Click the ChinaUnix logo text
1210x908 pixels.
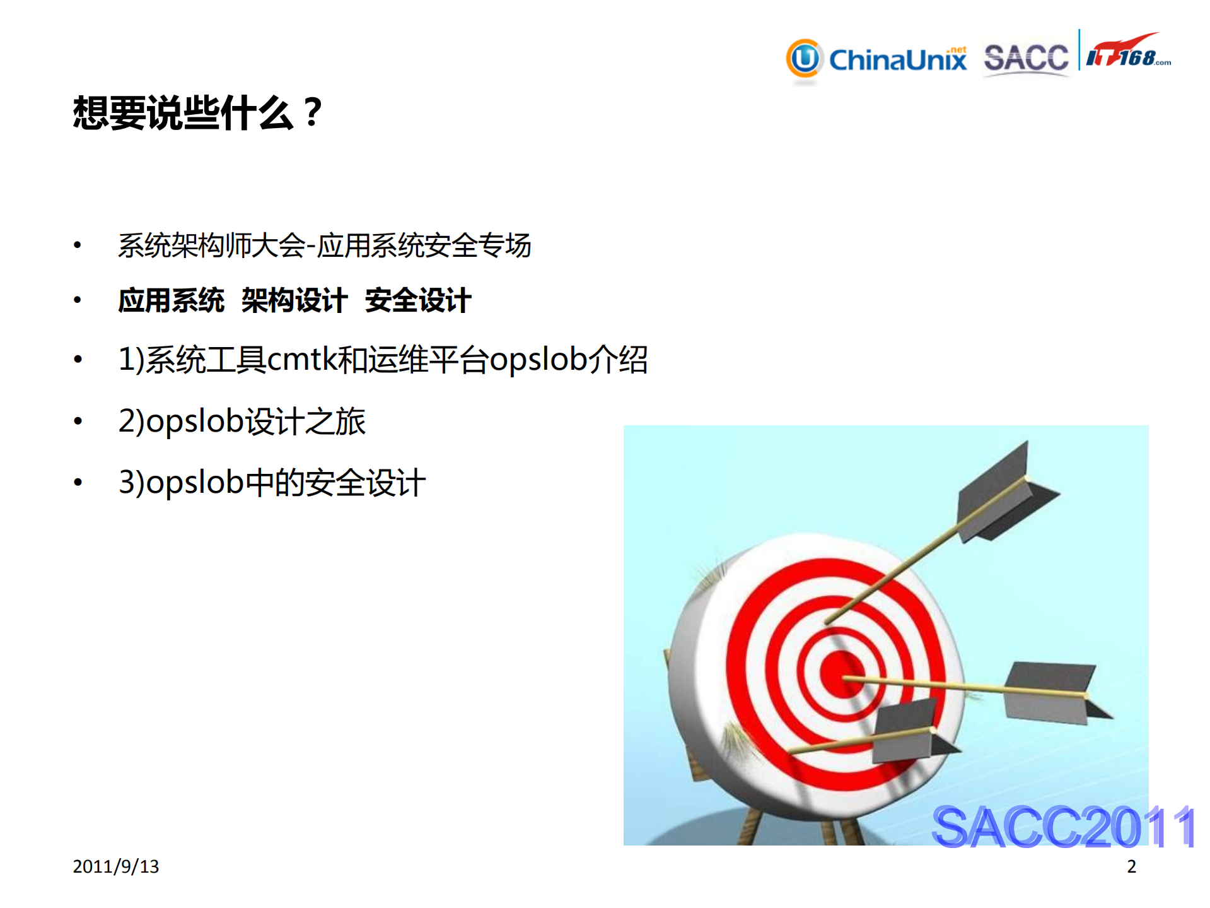tap(897, 60)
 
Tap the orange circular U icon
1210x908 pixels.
tap(805, 59)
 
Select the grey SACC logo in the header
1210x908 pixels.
tap(1026, 58)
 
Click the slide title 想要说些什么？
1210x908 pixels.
tap(198, 114)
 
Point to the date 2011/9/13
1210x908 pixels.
tap(116, 866)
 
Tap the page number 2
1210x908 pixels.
tap(1131, 866)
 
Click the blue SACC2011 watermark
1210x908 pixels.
tap(1063, 827)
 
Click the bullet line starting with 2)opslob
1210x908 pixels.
tap(242, 422)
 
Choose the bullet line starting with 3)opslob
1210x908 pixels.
tap(272, 483)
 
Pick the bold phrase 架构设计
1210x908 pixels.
tap(294, 300)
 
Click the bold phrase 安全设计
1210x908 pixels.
tap(418, 300)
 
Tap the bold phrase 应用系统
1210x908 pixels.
tap(172, 300)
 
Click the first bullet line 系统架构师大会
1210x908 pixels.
tap(324, 245)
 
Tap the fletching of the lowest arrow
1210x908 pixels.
tap(908, 732)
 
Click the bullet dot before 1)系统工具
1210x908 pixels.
tap(78, 360)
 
